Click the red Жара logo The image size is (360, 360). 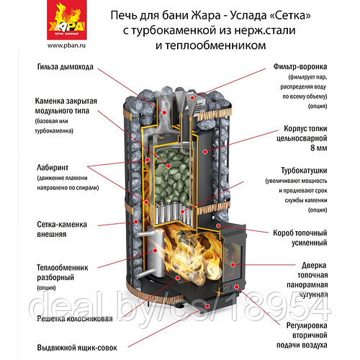67,19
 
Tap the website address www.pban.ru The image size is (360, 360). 66,45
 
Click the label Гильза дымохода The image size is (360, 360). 66,67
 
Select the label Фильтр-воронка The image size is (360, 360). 300,66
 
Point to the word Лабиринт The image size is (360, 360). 53,168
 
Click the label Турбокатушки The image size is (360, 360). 304,171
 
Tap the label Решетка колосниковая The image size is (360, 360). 75,319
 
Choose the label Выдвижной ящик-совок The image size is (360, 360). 77,348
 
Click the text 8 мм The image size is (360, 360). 319,148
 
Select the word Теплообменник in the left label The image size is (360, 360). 63,268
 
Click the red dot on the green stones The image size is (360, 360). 168,166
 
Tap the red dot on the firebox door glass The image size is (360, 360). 233,265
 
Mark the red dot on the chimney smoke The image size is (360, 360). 165,112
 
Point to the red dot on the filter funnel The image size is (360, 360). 192,98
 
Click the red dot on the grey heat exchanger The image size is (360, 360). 155,251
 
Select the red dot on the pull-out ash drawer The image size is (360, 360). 207,306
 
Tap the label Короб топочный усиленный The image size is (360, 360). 300,238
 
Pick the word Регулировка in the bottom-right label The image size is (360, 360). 307,325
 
